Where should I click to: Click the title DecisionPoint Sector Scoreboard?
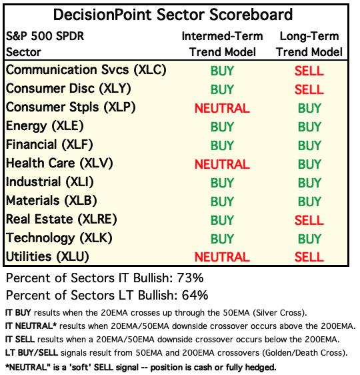pyautogui.click(x=173, y=15)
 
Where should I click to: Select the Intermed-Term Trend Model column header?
pyautogui.click(x=223, y=44)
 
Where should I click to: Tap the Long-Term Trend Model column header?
pyautogui.click(x=309, y=44)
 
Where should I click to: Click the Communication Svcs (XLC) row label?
pyautogui.click(x=86, y=70)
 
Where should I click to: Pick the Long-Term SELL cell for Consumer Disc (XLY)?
pyautogui.click(x=309, y=89)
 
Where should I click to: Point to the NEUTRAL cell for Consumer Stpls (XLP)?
pyautogui.click(x=222, y=108)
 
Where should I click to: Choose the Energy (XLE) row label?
pyautogui.click(x=45, y=126)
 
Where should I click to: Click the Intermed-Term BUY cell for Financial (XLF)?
pyautogui.click(x=222, y=145)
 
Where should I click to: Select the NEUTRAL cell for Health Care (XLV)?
pyautogui.click(x=222, y=164)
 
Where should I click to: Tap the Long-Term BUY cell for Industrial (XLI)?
pyautogui.click(x=309, y=183)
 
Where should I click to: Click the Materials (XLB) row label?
pyautogui.click(x=51, y=201)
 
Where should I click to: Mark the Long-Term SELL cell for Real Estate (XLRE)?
pyautogui.click(x=309, y=220)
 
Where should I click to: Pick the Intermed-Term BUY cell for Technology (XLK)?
pyautogui.click(x=222, y=239)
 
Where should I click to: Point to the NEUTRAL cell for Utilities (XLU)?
pyautogui.click(x=222, y=257)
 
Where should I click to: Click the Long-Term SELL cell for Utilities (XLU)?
pyautogui.click(x=309, y=257)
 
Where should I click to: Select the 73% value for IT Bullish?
pyautogui.click(x=190, y=278)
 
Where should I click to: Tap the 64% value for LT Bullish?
pyautogui.click(x=195, y=295)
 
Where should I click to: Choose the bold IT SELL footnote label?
pyautogui.click(x=20, y=340)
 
